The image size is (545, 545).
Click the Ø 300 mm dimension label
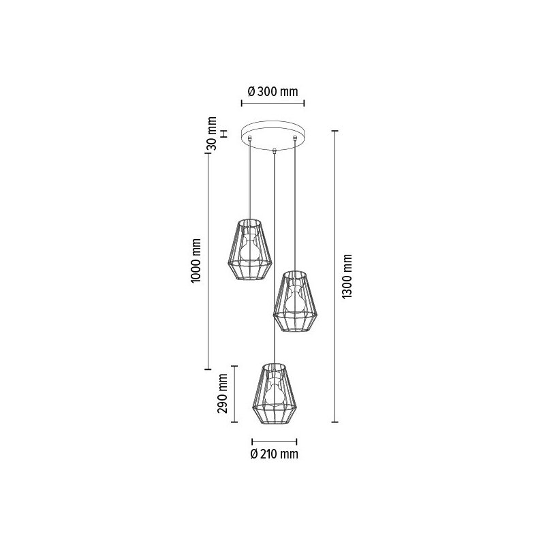[273, 91]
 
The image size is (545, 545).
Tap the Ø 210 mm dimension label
[274, 454]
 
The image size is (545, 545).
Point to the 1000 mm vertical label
[196, 261]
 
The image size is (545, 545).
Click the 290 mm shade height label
[219, 394]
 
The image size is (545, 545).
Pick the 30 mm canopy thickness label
[212, 134]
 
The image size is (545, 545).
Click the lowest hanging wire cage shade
[275, 396]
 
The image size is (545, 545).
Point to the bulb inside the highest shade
[250, 249]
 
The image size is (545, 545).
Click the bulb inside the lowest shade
[275, 394]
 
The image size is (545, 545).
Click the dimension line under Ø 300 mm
[273, 104]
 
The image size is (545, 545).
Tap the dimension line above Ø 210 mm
[274, 440]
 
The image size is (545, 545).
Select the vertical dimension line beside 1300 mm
[334, 276]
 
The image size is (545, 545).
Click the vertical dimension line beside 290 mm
[235, 394]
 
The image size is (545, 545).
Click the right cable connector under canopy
[295, 140]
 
